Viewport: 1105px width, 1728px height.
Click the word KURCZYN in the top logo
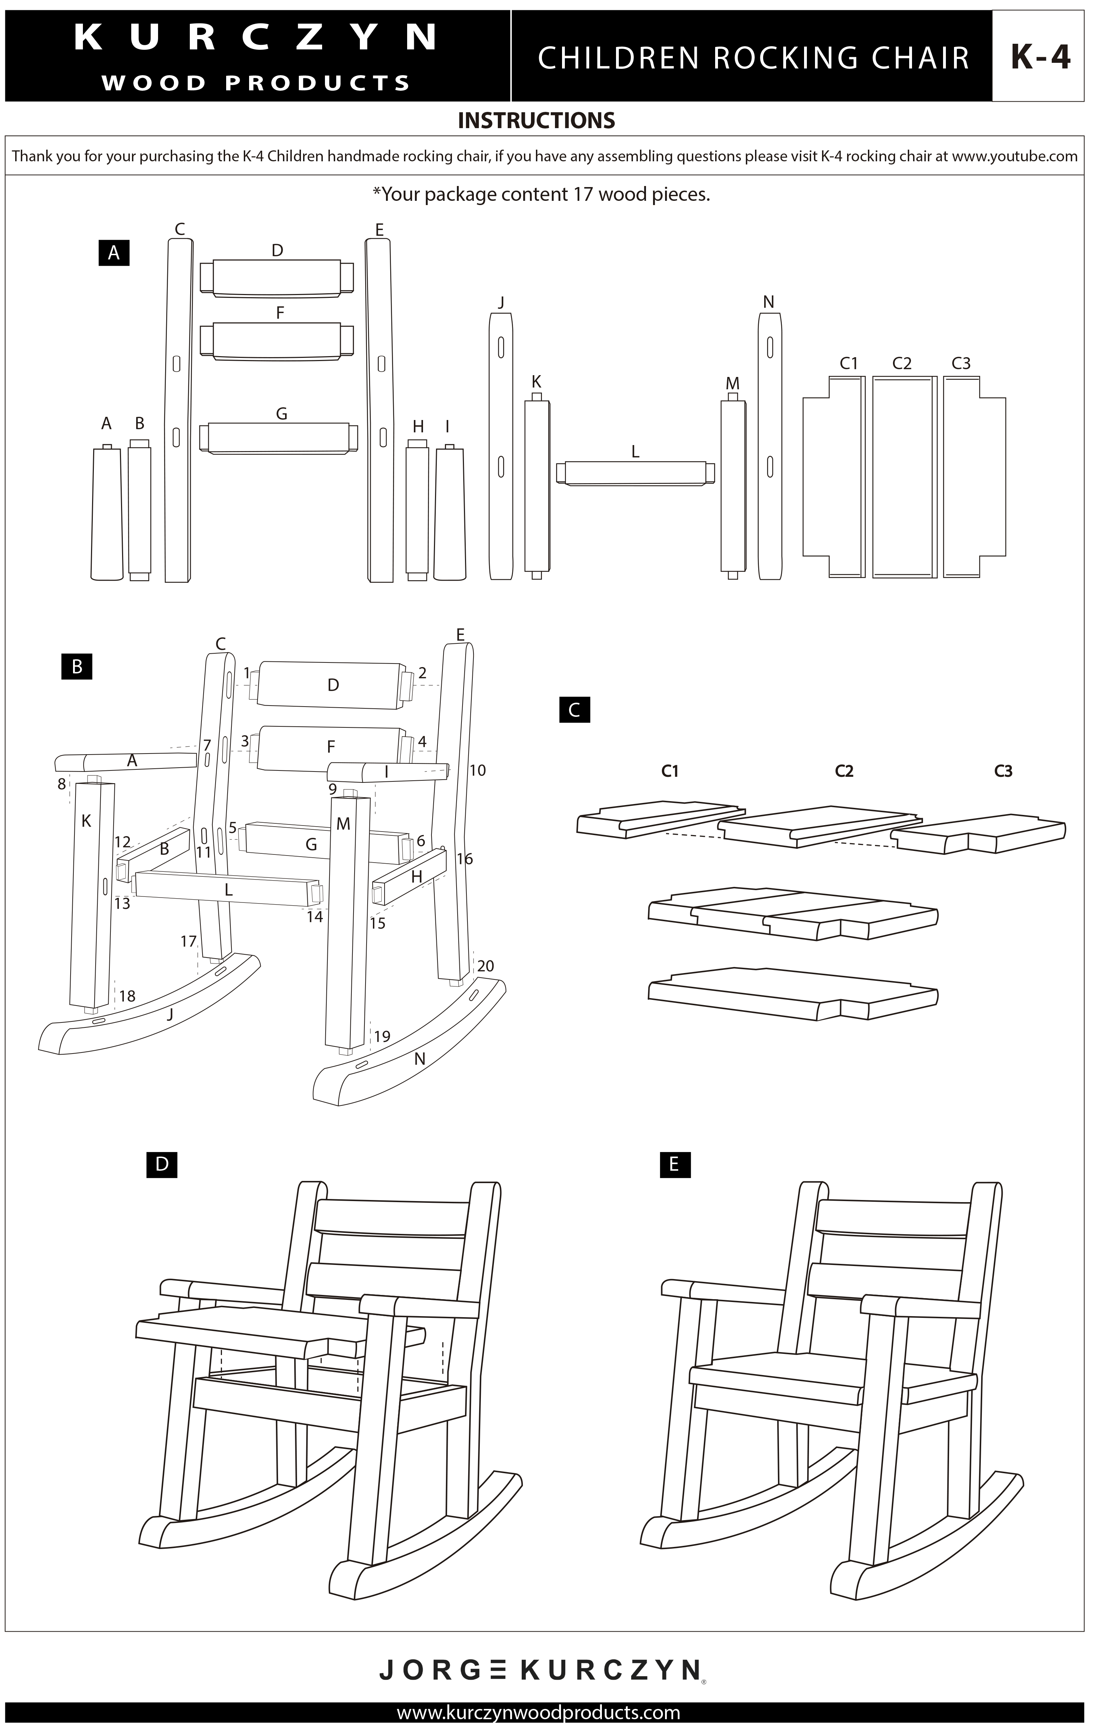coord(256,37)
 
